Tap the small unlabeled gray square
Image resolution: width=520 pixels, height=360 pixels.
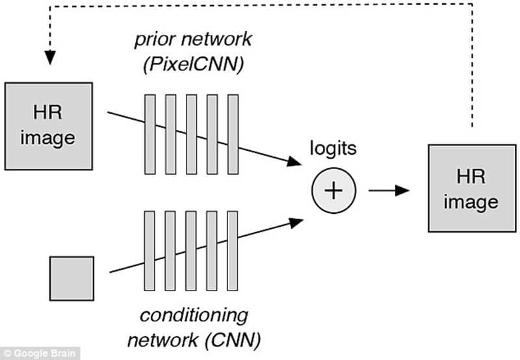(x=71, y=278)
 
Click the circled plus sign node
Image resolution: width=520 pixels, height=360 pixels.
(x=332, y=190)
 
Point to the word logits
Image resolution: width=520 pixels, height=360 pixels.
(x=333, y=149)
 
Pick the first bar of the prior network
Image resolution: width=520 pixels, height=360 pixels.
(x=150, y=133)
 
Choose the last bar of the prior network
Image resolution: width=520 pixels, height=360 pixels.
(x=233, y=133)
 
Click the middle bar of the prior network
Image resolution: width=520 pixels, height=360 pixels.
(x=192, y=133)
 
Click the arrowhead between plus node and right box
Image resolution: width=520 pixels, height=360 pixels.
(x=404, y=190)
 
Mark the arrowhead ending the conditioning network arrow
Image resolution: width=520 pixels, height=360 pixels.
(x=296, y=222)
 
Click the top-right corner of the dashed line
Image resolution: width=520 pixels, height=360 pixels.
(x=472, y=5)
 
